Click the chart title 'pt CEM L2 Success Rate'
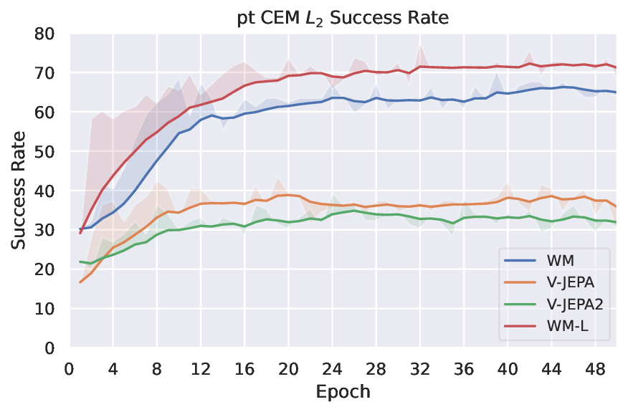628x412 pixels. coord(343,18)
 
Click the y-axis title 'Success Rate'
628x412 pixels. coord(19,190)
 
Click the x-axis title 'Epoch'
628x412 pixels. coord(343,392)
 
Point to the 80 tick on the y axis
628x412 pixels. coord(46,33)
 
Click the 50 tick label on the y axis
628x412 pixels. coord(46,151)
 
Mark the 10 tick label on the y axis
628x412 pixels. coord(46,308)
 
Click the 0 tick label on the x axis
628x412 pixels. coord(69,370)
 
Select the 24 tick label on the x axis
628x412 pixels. coord(332,370)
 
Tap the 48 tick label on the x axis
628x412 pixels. coord(594,370)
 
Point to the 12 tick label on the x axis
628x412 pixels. coord(201,370)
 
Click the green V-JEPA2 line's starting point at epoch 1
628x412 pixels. coord(80,262)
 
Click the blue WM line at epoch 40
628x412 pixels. coord(508,93)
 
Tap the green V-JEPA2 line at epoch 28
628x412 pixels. coord(376,214)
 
